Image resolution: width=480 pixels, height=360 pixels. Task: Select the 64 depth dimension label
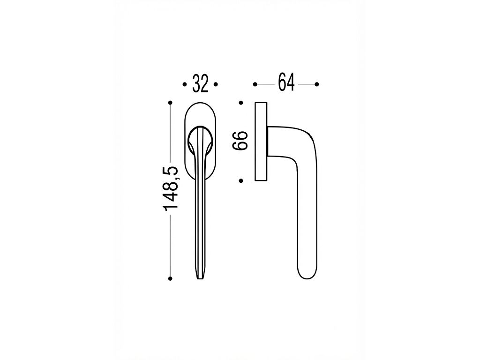(x=286, y=82)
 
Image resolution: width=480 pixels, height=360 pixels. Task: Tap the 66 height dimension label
(x=240, y=141)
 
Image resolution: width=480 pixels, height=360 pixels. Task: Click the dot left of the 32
(x=185, y=84)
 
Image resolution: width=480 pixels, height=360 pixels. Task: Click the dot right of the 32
(x=216, y=84)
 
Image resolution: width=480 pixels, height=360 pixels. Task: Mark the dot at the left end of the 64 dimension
(x=255, y=84)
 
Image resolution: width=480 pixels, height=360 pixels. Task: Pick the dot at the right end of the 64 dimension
(x=317, y=84)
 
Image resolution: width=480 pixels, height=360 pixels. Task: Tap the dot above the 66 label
(x=241, y=103)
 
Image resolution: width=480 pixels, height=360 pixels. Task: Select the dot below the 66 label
(x=241, y=181)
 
